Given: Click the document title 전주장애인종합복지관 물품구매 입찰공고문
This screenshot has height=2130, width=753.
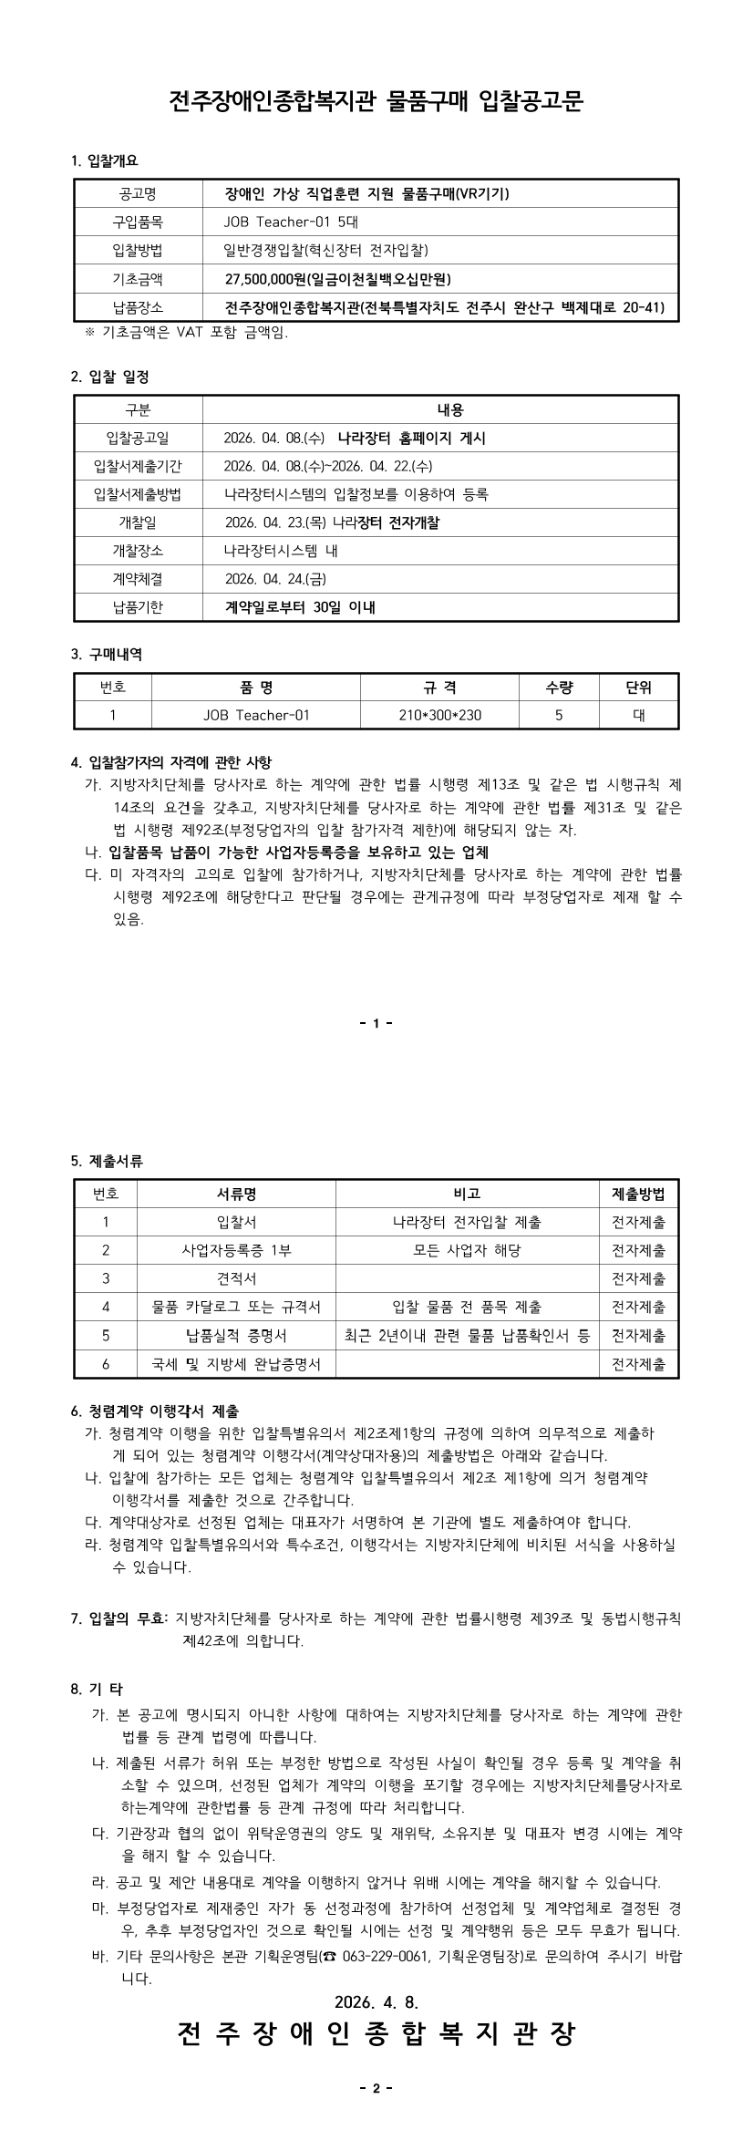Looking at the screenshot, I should tap(376, 101).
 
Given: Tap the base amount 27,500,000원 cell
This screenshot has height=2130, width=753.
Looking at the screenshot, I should tap(338, 279).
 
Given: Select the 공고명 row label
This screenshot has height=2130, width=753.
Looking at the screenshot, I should tap(138, 194).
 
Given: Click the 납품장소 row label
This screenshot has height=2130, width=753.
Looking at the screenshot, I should tap(138, 307).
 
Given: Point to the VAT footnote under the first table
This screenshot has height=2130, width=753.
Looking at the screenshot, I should tap(186, 333).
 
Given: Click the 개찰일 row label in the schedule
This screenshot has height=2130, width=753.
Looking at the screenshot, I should tap(138, 522).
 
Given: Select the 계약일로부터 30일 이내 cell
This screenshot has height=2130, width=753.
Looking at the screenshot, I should tap(300, 607).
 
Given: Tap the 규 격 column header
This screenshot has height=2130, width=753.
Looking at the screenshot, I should tap(439, 688).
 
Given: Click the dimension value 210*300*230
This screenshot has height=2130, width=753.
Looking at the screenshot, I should tap(439, 716).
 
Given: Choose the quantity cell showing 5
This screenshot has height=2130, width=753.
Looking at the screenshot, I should tap(559, 716).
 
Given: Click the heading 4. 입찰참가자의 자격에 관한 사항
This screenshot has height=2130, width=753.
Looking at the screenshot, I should tap(170, 761).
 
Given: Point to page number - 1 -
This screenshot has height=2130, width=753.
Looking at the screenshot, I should tap(376, 1023).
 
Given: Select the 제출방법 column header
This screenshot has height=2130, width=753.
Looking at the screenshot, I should tap(638, 1194).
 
